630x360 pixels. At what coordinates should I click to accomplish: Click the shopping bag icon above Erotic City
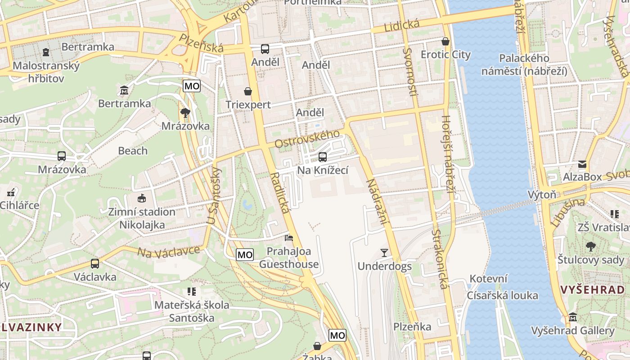point(445,41)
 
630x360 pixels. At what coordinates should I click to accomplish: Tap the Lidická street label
point(402,26)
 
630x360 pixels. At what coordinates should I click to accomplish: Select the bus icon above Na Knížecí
point(323,157)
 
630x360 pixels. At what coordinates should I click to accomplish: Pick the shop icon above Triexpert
point(248,91)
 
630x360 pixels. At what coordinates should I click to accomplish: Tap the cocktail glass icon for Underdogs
point(384,253)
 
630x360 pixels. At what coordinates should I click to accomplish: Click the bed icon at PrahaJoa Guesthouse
point(289,238)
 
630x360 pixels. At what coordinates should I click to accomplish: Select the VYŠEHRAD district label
point(593,289)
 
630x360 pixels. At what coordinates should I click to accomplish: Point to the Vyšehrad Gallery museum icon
point(573,318)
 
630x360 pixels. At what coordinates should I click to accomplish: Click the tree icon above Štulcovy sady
point(590,247)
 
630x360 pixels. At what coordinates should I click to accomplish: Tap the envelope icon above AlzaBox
point(582,164)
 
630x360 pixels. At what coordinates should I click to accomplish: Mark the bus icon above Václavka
point(94,264)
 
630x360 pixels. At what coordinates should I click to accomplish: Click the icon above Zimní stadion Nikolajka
point(141,198)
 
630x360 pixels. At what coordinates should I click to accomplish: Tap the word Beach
point(133,151)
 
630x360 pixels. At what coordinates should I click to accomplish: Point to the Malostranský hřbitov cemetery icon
point(46,52)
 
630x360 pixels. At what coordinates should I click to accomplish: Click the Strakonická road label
point(441,259)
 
